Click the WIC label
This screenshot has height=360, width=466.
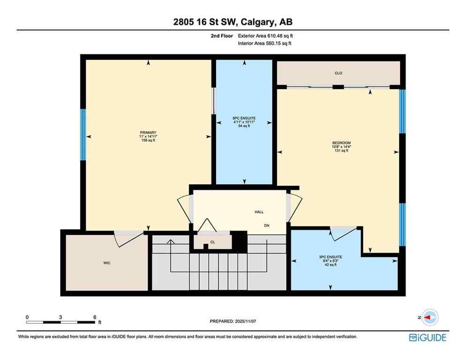click(107, 263)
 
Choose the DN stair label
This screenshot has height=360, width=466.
click(266, 225)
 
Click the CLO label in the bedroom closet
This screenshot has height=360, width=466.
click(338, 73)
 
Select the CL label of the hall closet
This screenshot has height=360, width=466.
click(212, 242)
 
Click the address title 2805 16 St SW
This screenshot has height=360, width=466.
click(233, 22)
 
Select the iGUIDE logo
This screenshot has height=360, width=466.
click(427, 337)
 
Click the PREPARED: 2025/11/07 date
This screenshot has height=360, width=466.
click(233, 321)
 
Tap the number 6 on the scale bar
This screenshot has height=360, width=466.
click(95, 317)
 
